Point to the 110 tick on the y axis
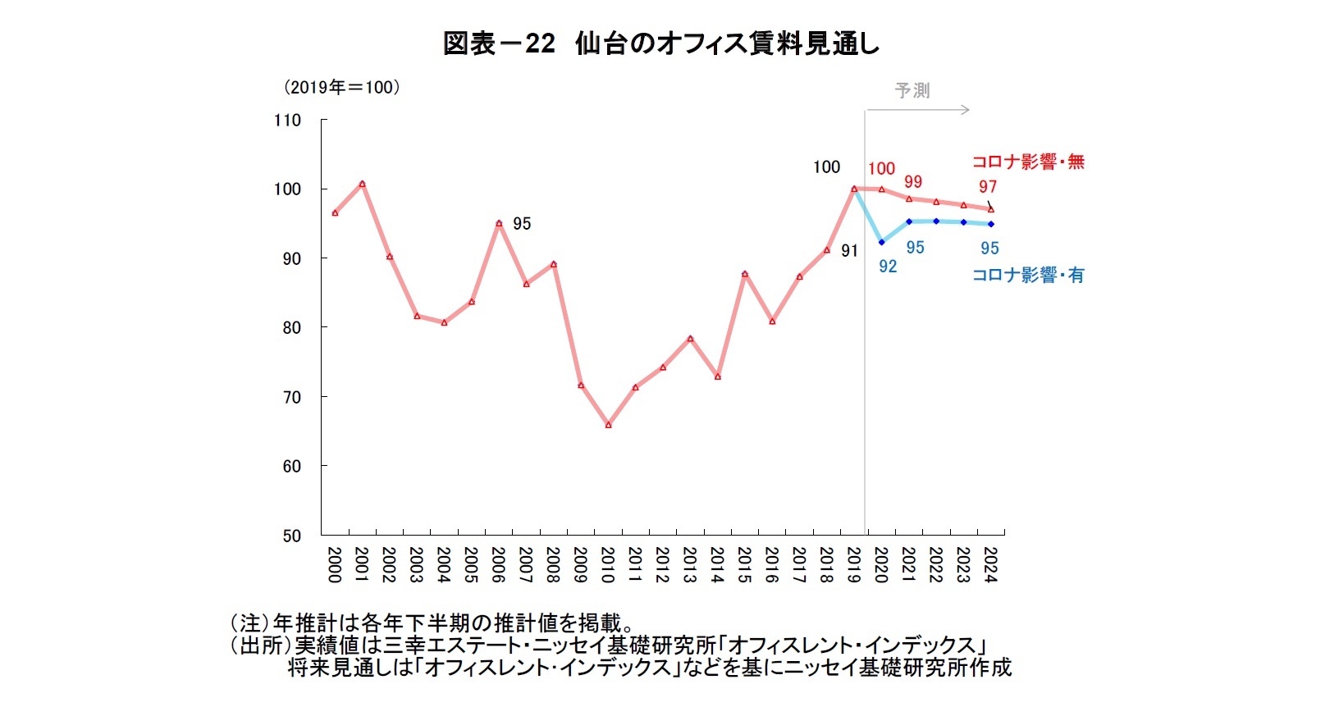point(287,120)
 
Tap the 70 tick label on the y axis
point(291,397)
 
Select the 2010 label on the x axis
point(608,565)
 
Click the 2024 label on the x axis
point(990,565)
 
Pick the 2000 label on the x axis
point(334,565)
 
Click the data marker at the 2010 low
point(608,425)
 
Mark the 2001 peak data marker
point(362,184)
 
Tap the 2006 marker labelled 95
point(499,223)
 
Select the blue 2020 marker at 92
point(881,242)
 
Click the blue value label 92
point(888,267)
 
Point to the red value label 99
point(912,182)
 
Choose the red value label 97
point(987,187)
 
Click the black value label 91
point(849,251)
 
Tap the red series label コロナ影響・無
point(1028,162)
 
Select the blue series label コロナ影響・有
point(1028,276)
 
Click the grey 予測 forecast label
point(912,91)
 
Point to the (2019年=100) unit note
point(340,88)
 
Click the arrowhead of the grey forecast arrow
point(966,110)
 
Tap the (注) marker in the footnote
point(250,624)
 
